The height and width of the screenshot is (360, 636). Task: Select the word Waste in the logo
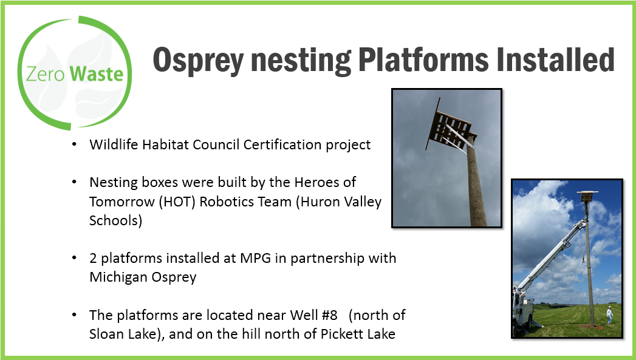97,74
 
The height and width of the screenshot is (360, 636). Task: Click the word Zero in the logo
45,75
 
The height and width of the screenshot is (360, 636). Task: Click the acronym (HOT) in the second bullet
177,202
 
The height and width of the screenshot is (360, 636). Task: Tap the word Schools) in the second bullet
115,220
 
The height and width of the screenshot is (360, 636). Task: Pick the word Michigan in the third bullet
118,277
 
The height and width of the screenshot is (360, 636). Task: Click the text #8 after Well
330,316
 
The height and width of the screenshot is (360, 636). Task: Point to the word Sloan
107,334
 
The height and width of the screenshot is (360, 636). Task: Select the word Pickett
341,334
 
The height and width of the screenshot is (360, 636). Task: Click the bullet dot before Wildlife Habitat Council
74,144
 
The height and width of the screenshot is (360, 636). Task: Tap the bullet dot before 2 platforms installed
74,257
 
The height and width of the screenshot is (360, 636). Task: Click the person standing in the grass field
609,314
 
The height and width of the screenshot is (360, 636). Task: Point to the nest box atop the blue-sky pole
587,196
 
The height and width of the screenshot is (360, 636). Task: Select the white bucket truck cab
523,309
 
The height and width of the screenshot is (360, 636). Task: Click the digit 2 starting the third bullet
93,258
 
